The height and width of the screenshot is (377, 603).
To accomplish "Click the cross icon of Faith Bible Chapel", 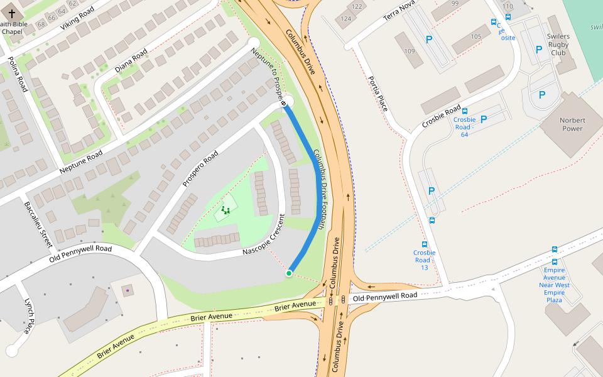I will coord(12,13).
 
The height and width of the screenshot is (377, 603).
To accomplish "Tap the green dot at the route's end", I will coord(289,273).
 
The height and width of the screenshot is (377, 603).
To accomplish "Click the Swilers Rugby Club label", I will coord(558,45).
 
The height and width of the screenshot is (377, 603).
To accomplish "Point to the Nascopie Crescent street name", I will coord(264,236).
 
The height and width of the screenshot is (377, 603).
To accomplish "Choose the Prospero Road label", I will coord(200,169).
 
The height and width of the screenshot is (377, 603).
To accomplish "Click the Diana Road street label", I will coord(131,60).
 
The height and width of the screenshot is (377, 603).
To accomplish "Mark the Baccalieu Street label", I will coord(37,224).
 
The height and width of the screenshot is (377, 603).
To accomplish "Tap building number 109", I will coord(410,51).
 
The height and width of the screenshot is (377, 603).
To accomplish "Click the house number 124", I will coord(346,18).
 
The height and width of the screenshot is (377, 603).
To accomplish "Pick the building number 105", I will coord(475,36).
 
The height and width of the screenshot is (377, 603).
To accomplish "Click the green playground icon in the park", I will coord(225,210).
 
